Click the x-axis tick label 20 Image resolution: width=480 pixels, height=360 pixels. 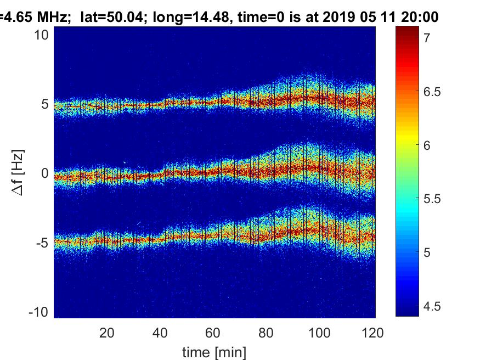[107, 333]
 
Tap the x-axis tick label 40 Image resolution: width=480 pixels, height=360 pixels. [160, 333]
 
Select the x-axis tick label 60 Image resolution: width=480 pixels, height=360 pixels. [213, 333]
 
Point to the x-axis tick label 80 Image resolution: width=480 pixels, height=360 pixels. [267, 333]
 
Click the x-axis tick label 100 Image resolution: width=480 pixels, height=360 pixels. [320, 333]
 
